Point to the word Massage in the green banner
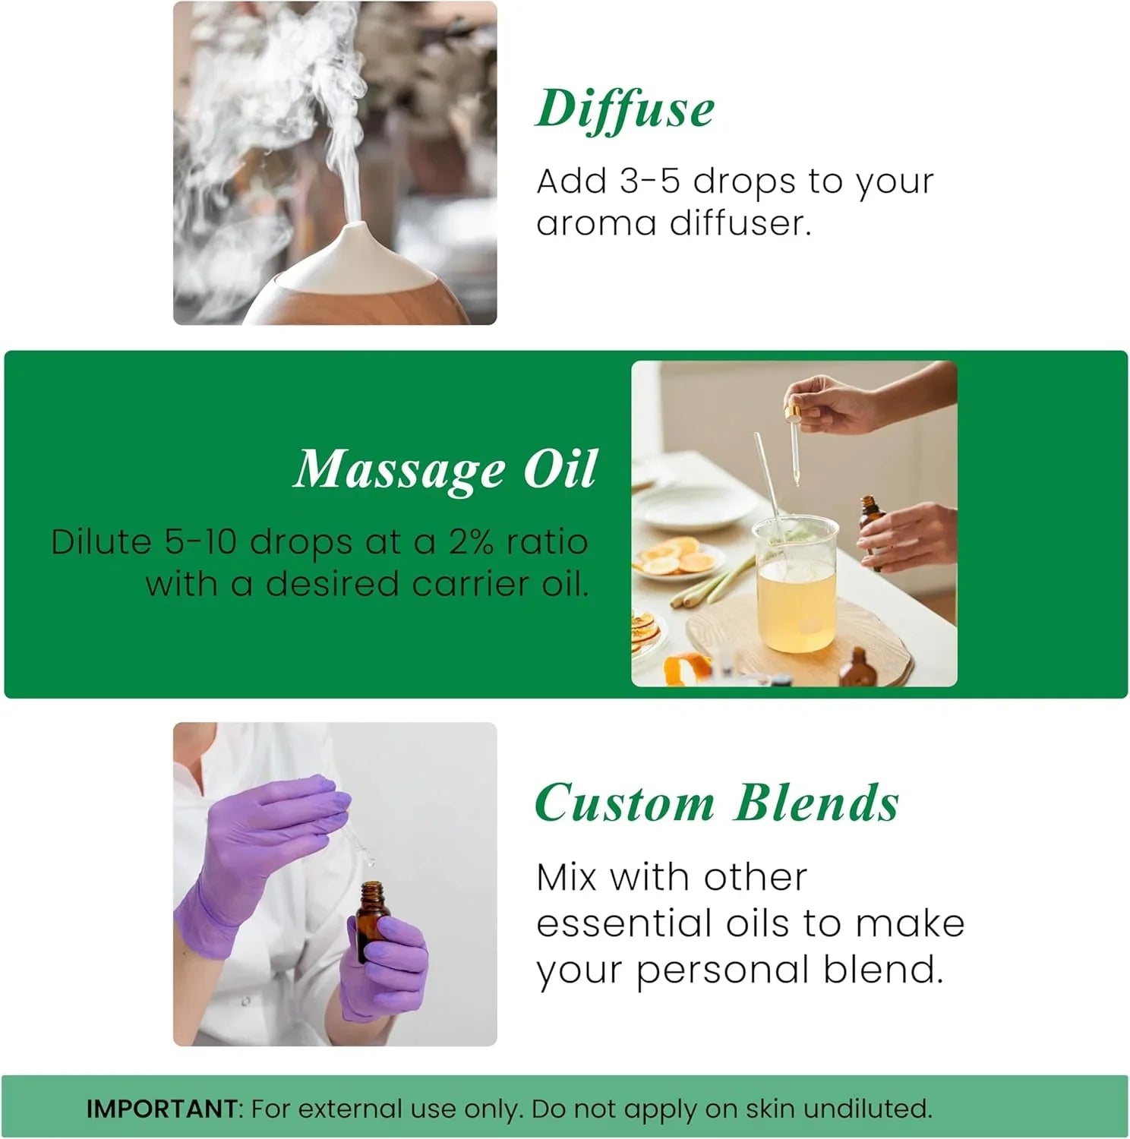[399, 470]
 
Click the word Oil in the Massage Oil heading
[560, 469]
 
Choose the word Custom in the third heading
[624, 803]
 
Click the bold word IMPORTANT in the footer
[162, 1109]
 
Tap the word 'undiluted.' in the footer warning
[867, 1109]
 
